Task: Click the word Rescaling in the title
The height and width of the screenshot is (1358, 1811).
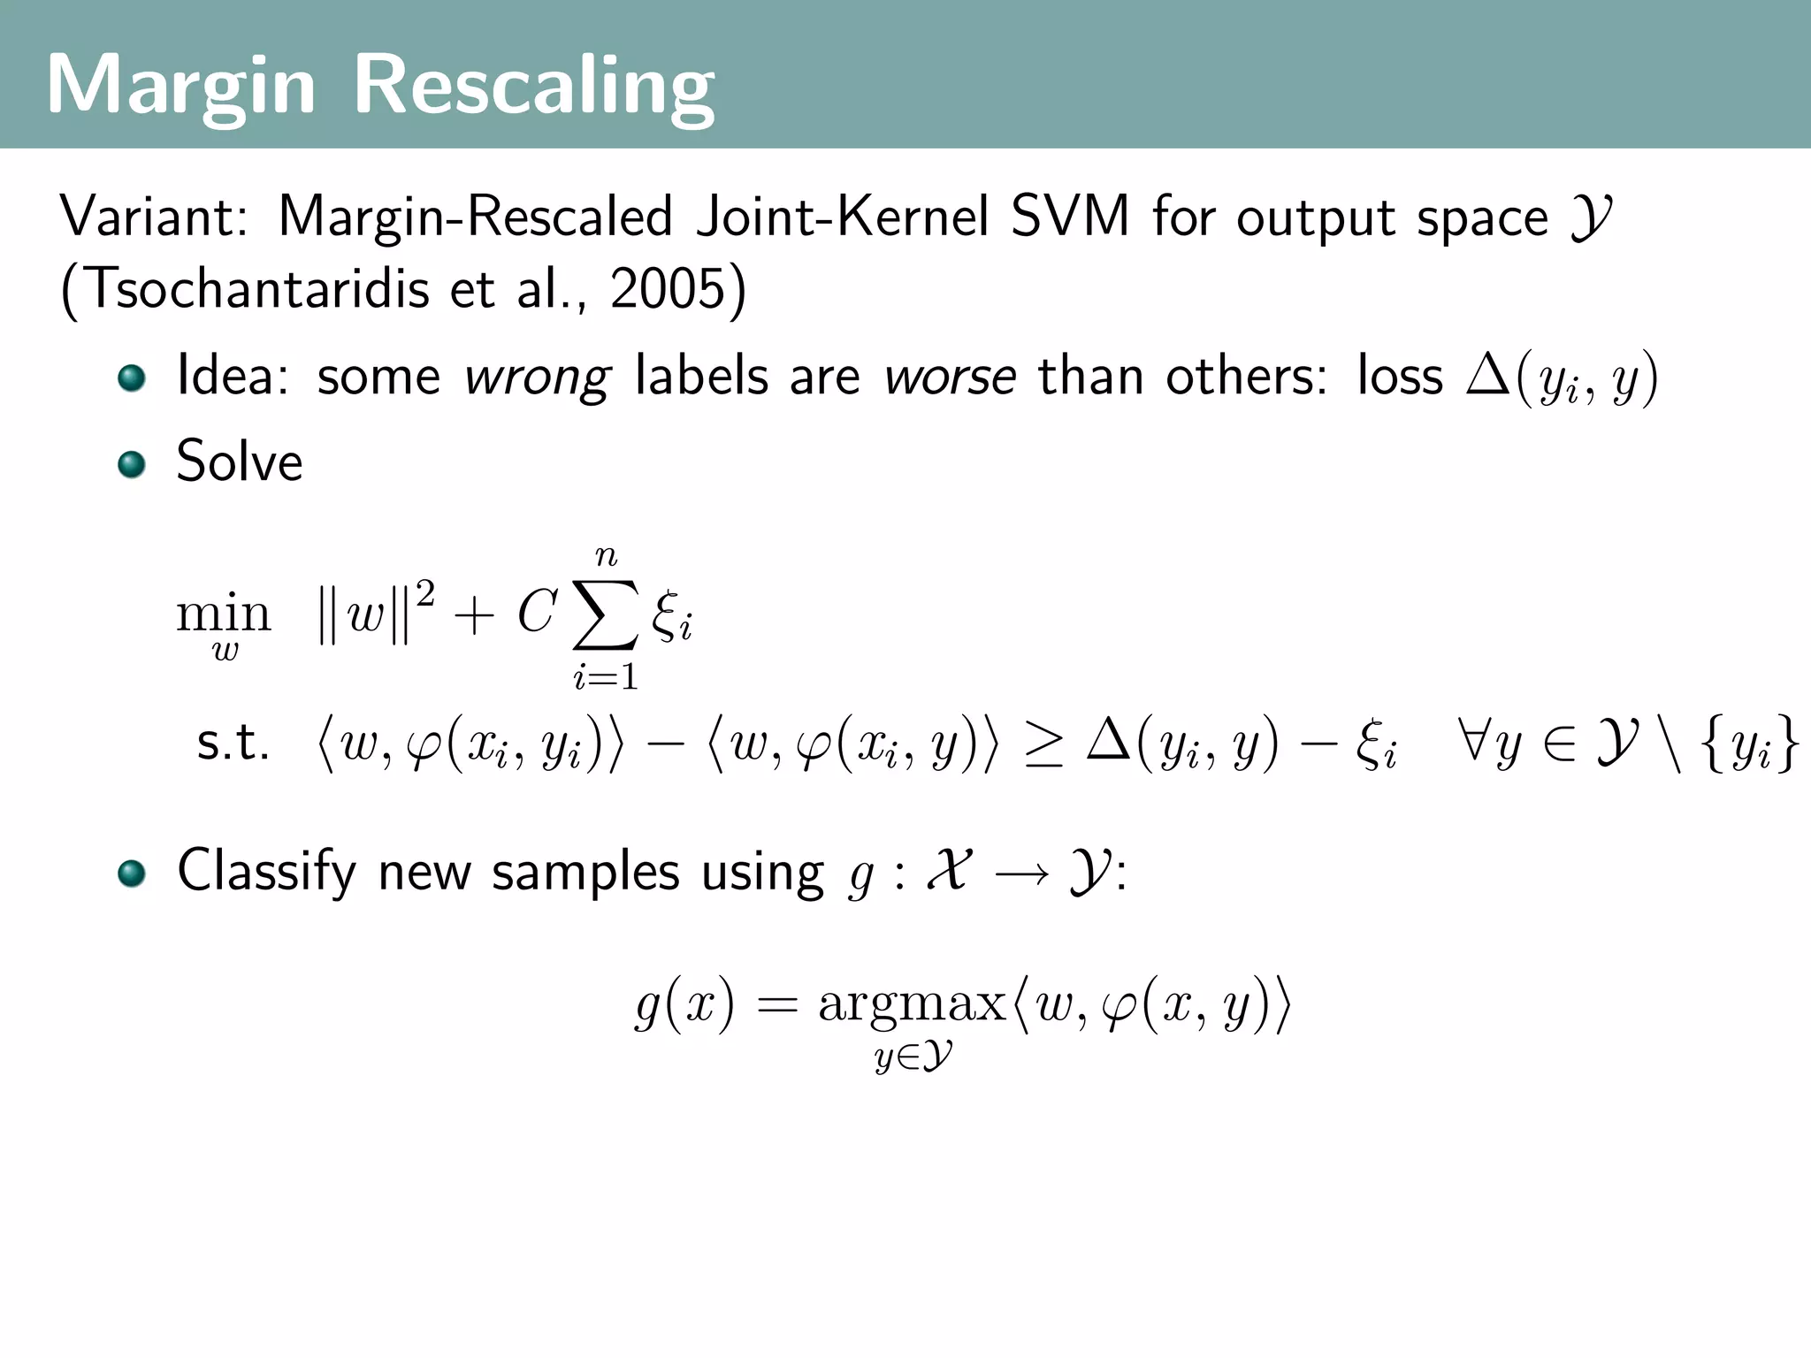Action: click(533, 86)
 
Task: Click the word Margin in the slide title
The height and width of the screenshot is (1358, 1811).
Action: click(180, 86)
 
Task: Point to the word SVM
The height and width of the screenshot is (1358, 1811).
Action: click(1070, 217)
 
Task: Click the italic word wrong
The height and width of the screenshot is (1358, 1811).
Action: click(537, 378)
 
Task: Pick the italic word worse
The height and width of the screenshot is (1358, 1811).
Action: click(951, 378)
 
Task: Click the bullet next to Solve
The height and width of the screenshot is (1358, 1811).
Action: click(132, 463)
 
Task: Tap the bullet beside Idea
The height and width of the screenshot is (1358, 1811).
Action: click(132, 378)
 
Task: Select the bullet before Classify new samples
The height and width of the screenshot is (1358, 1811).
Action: click(132, 874)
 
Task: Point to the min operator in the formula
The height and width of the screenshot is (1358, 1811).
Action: click(223, 614)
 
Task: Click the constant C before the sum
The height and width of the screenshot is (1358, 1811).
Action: click(537, 612)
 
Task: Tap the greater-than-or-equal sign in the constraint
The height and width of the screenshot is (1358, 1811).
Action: click(1043, 744)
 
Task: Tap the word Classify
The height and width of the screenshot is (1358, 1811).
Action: click(266, 872)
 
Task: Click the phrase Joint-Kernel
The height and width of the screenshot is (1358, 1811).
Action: click(843, 217)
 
